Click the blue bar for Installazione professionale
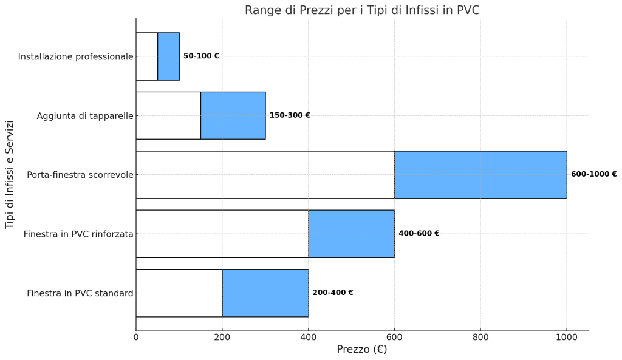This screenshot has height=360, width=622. point(169,56)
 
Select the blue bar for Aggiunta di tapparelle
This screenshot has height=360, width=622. point(233,115)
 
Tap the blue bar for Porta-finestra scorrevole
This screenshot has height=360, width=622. point(481,174)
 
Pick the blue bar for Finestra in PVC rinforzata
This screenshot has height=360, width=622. point(352,234)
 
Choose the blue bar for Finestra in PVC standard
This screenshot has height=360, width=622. point(265,293)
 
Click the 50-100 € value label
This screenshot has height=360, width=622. point(201,56)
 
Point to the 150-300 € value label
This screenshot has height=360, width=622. point(290,115)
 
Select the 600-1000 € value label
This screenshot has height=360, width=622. point(594,174)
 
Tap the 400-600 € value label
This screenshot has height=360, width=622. point(419,233)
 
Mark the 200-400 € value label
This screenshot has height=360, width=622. point(333,293)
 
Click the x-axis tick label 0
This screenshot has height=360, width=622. point(136,338)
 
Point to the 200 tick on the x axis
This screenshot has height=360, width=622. point(222,338)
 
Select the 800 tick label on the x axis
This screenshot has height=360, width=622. point(481,338)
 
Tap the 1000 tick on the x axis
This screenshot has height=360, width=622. point(567,338)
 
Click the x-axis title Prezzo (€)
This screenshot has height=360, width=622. point(362,349)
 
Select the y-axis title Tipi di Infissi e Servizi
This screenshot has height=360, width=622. point(10,175)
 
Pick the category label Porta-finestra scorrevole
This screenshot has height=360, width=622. point(80,175)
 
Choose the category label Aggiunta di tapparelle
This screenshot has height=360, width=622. point(85,116)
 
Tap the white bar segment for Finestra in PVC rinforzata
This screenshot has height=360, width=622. point(222,234)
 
